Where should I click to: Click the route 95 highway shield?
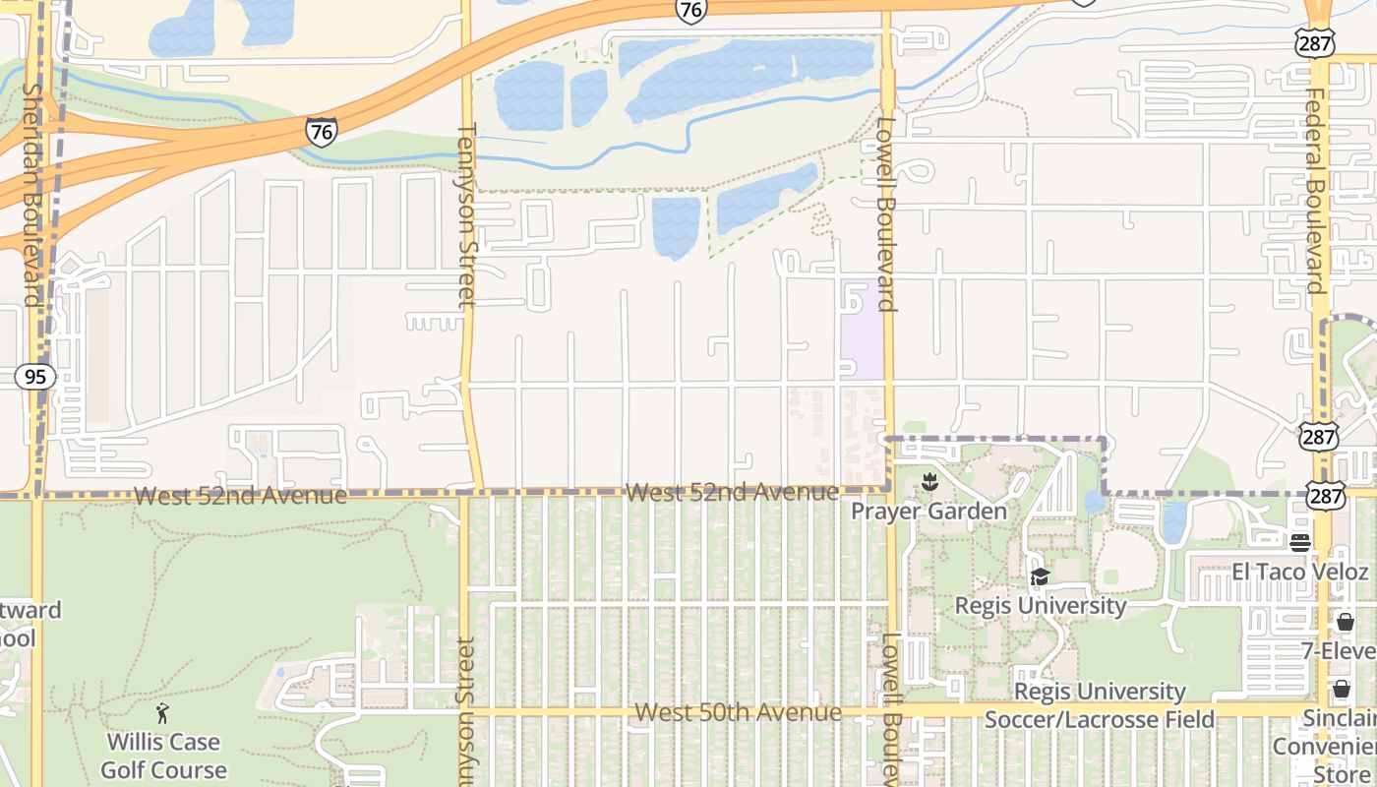(35, 377)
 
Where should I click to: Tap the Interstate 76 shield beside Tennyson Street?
(321, 132)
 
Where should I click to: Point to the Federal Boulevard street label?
(1315, 191)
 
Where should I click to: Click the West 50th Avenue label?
(738, 712)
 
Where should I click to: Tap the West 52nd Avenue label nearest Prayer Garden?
(732, 492)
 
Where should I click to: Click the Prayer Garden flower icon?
(928, 482)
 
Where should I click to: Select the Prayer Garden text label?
(928, 512)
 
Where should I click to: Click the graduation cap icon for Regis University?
(1040, 577)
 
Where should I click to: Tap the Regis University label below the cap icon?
(1041, 605)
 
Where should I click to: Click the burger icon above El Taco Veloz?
(1299, 543)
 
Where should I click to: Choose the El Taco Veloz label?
(1299, 572)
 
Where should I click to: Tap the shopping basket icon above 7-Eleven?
(1345, 622)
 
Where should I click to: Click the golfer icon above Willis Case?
(163, 713)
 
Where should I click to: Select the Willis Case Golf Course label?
(164, 756)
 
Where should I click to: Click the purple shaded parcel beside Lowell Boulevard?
(862, 330)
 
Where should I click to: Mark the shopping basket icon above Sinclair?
(1342, 689)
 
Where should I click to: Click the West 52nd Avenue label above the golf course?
(240, 496)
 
